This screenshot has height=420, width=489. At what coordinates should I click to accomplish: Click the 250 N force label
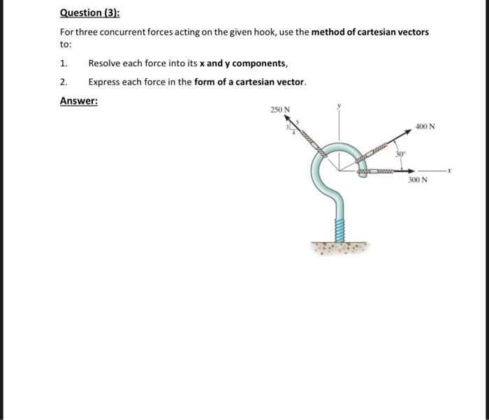coord(280,110)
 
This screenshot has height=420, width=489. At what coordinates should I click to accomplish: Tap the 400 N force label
coord(425,127)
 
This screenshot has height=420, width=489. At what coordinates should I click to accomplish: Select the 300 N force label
coord(418,180)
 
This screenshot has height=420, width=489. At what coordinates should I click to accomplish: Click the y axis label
coord(340,106)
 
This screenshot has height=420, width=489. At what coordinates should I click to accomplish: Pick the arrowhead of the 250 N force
coord(287,119)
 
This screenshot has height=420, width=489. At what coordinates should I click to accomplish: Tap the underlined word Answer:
coord(79,101)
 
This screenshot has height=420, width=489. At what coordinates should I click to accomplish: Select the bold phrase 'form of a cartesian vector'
coord(249,82)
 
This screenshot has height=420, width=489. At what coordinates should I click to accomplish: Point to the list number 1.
coord(64,63)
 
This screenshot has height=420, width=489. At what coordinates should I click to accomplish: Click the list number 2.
coord(64,82)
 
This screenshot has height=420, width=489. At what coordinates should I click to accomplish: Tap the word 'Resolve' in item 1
coord(104,63)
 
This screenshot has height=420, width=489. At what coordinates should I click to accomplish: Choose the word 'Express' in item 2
coord(104,82)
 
